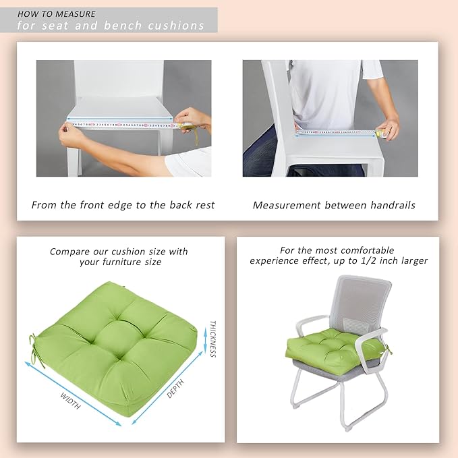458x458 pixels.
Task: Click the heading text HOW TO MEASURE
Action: (57, 13)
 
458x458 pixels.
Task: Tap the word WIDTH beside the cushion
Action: (70, 401)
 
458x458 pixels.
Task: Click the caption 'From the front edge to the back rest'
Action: (123, 204)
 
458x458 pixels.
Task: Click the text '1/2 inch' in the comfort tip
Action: (382, 260)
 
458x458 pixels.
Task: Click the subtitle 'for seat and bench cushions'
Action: (111, 26)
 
